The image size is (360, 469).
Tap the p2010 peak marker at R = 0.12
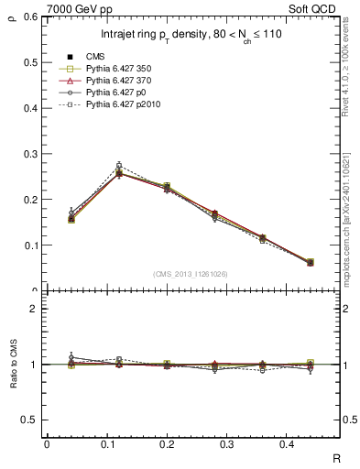click(118, 166)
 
